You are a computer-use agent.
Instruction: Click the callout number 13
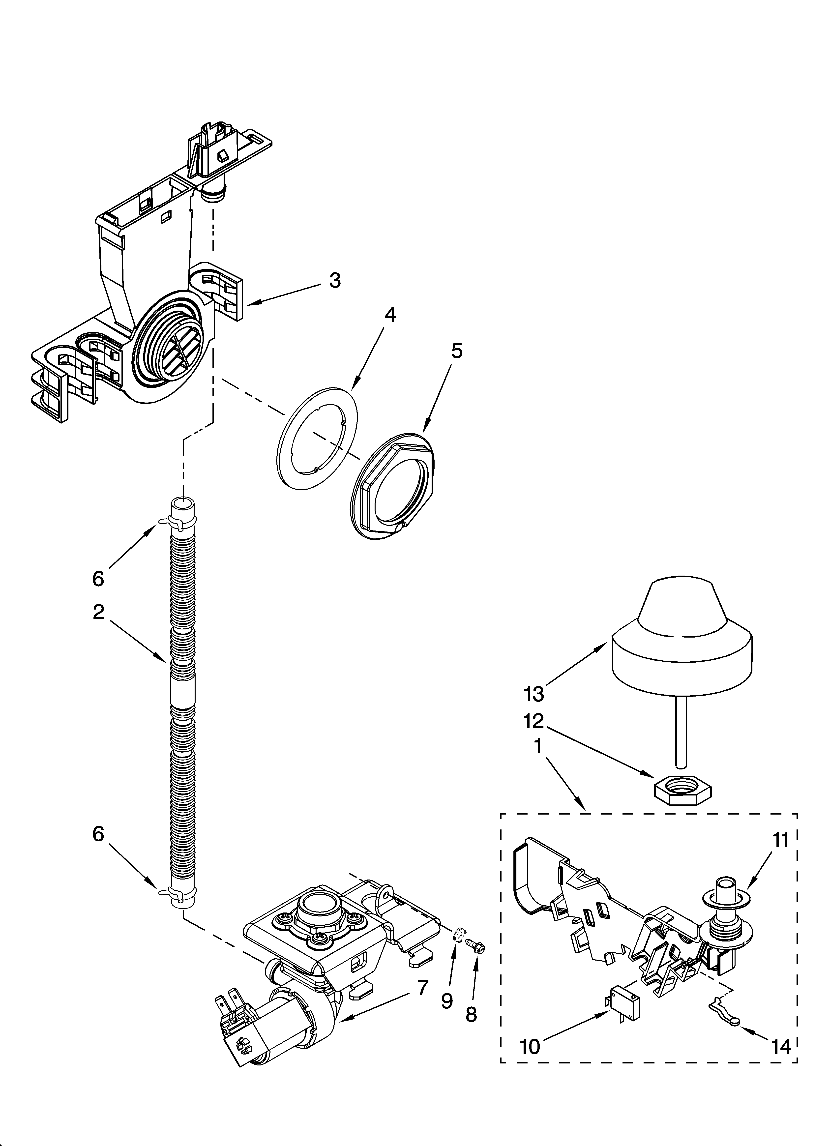[534, 694]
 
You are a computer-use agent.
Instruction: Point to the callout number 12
[534, 722]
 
